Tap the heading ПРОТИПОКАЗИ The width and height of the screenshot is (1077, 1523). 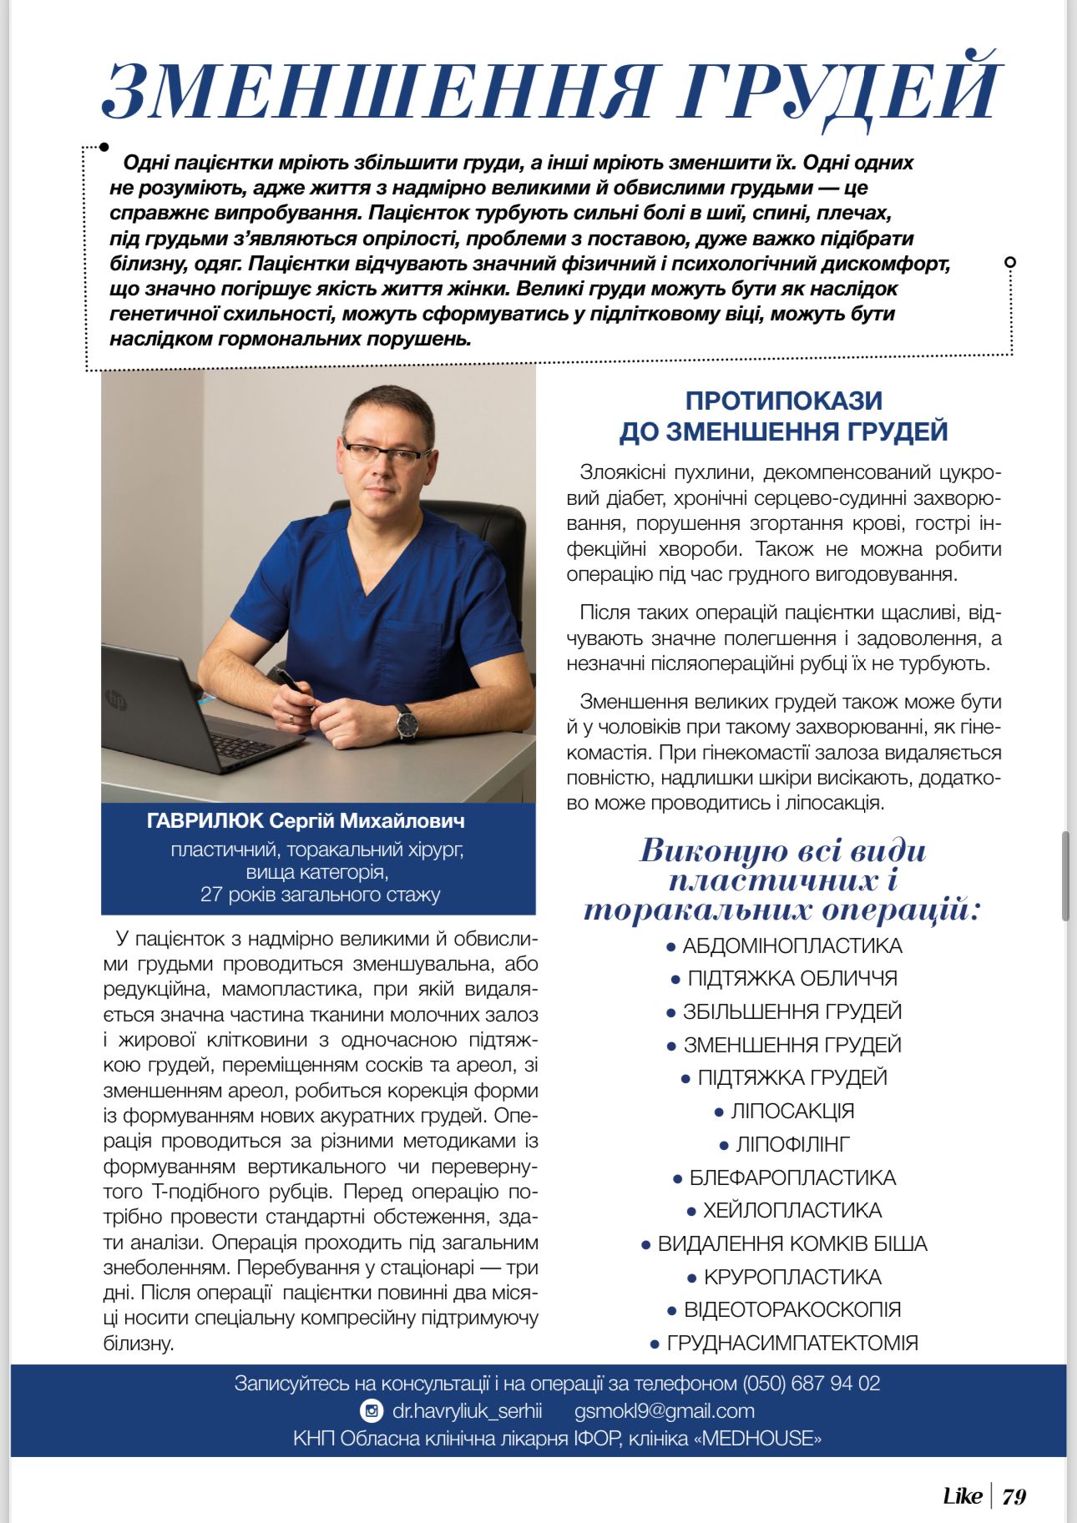click(x=783, y=401)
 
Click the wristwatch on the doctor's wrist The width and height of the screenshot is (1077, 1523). click(x=407, y=720)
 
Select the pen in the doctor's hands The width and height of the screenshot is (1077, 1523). click(x=294, y=686)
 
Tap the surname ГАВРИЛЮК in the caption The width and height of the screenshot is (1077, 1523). click(x=205, y=821)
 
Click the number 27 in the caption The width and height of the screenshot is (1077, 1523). click(x=211, y=895)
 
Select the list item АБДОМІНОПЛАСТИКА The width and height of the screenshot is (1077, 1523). click(x=791, y=946)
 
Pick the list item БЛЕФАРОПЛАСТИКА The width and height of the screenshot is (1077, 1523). click(x=791, y=1178)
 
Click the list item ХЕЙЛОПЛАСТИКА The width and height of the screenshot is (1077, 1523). click(x=791, y=1210)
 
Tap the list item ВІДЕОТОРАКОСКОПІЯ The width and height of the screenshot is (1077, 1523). click(x=791, y=1309)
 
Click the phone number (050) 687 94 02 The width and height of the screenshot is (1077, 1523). click(x=811, y=1384)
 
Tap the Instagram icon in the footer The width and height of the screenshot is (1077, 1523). click(x=372, y=1411)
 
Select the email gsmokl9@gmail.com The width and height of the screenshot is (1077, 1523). click(x=664, y=1411)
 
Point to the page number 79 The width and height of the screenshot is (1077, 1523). click(x=1014, y=1496)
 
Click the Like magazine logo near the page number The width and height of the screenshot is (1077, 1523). click(x=962, y=1496)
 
